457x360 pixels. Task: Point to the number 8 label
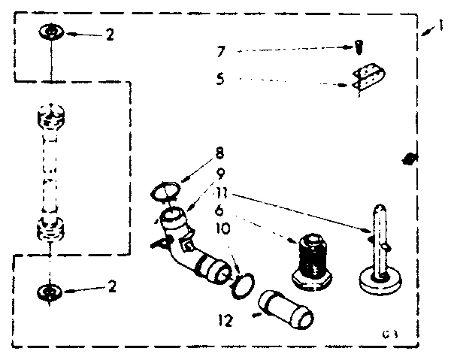[x=219, y=153]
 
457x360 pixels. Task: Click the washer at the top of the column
[x=49, y=33]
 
